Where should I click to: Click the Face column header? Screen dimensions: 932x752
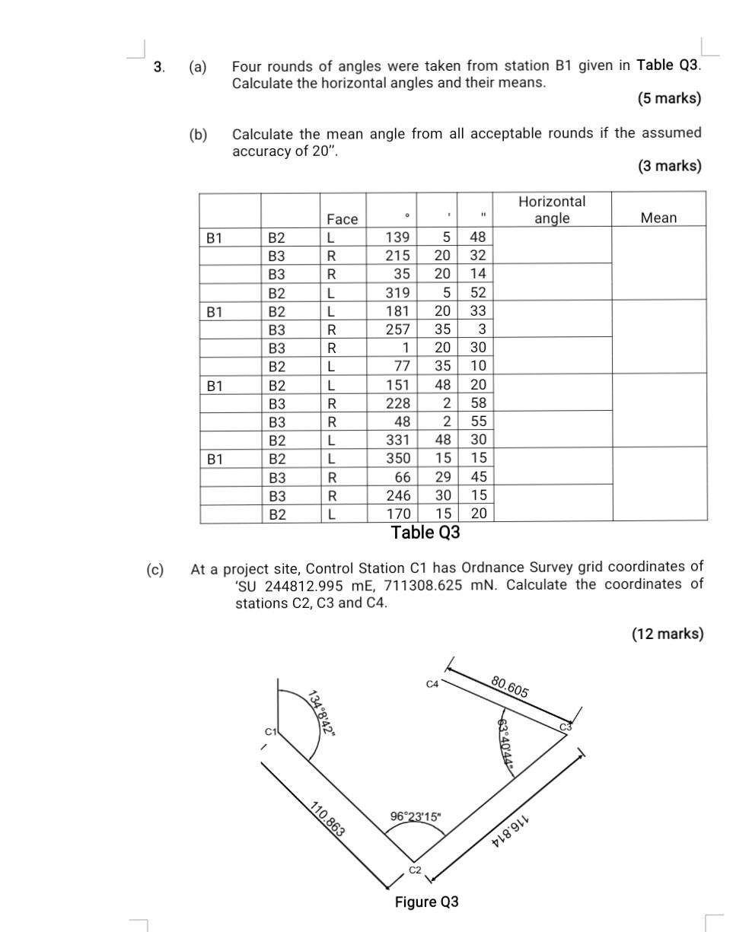click(x=342, y=219)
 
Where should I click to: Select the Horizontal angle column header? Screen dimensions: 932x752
click(x=552, y=210)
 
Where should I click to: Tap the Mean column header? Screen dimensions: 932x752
click(x=658, y=218)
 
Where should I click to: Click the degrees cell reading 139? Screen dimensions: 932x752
click(x=397, y=237)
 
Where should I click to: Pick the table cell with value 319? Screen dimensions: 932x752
click(x=397, y=292)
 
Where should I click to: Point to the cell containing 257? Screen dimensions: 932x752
click(x=397, y=329)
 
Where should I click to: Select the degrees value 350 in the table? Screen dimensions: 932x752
click(x=397, y=459)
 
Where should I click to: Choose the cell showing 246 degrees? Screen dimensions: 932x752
click(x=397, y=496)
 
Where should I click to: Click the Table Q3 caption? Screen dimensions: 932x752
click(x=425, y=533)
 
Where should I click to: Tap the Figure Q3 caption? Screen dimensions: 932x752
click(x=426, y=902)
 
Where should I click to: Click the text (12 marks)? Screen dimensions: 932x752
click(x=668, y=634)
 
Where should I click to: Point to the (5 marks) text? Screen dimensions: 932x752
click(x=670, y=99)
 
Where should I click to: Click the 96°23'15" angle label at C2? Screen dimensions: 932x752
click(x=415, y=816)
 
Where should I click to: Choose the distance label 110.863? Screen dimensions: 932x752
click(x=328, y=819)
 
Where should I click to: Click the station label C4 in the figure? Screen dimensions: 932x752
click(x=432, y=684)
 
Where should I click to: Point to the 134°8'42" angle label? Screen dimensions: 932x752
click(x=323, y=711)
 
